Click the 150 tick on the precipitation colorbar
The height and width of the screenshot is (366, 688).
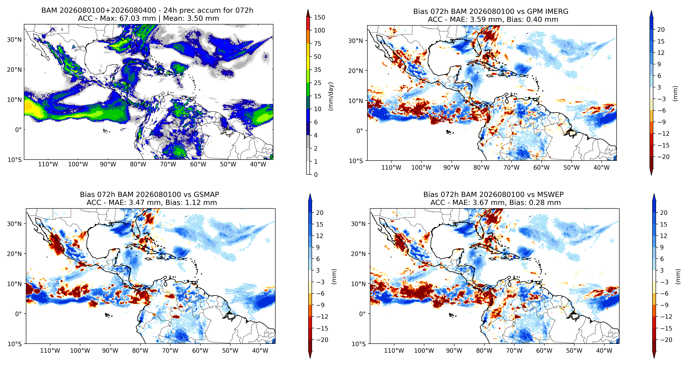coord(319,17)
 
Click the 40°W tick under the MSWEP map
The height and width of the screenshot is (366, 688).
coord(604,351)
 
